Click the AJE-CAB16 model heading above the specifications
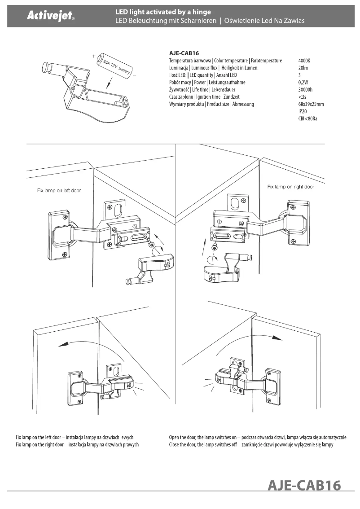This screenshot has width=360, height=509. pyautogui.click(x=184, y=53)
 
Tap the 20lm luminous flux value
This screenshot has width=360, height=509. pyautogui.click(x=303, y=68)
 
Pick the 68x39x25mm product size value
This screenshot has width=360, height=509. pyautogui.click(x=311, y=104)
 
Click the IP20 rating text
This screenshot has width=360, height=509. pyautogui.click(x=303, y=111)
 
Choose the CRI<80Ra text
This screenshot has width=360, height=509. pyautogui.click(x=307, y=119)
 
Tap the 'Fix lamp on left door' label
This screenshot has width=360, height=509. pyautogui.click(x=59, y=191)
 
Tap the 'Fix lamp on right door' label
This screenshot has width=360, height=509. pyautogui.click(x=290, y=187)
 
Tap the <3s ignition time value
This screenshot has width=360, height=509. pyautogui.click(x=302, y=97)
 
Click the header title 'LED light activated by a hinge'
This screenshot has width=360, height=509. pyautogui.click(x=163, y=11)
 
